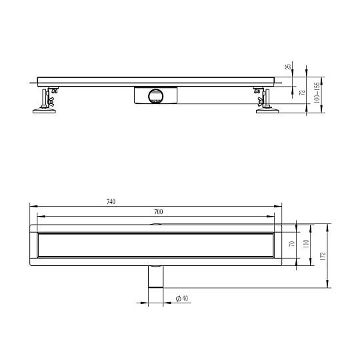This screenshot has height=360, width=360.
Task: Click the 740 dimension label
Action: pyautogui.click(x=111, y=202)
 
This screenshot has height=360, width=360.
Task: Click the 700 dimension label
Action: pyautogui.click(x=159, y=212)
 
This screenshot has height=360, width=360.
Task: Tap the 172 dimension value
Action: pyautogui.click(x=323, y=256)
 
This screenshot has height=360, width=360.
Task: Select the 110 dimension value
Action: pyautogui.click(x=306, y=244)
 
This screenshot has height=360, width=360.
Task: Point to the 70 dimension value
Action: pyautogui.click(x=292, y=243)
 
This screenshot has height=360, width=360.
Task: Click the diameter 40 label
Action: pyautogui.click(x=182, y=299)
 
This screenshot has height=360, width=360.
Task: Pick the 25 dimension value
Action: pyautogui.click(x=288, y=67)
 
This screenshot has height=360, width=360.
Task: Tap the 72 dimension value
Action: pyautogui.click(x=303, y=93)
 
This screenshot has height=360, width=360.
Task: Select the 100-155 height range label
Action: pyautogui.click(x=317, y=93)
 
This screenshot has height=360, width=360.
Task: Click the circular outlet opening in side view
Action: pyautogui.click(x=155, y=95)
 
